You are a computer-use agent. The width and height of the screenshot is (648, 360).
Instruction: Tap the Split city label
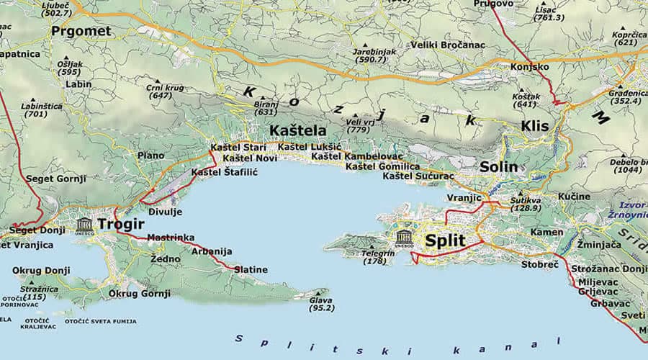[445, 240]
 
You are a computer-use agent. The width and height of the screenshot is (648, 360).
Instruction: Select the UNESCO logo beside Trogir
[84, 225]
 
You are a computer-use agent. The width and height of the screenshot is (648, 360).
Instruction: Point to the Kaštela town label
[297, 131]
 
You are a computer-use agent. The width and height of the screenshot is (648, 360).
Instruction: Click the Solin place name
[499, 166]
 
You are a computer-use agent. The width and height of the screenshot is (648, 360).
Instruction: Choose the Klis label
[535, 126]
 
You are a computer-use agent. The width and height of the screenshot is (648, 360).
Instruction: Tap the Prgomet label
[81, 31]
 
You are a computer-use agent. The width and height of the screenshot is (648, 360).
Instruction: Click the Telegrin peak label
[378, 253]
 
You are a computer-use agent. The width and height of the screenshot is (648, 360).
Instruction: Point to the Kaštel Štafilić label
[224, 173]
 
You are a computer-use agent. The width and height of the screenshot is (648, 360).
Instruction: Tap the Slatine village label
[253, 269]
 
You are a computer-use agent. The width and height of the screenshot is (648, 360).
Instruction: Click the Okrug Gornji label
[140, 293]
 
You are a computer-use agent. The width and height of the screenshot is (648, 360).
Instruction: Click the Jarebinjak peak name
[374, 52]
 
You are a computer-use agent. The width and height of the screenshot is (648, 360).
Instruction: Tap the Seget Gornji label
[56, 179]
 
